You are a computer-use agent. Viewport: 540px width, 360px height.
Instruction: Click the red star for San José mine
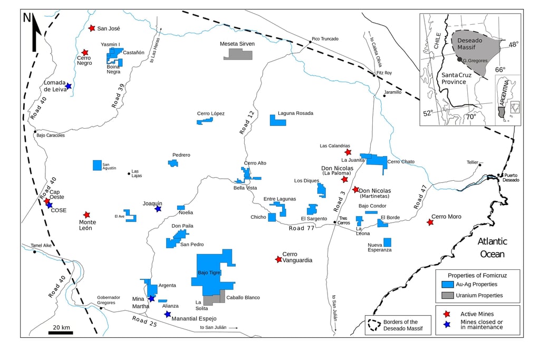point(92,28)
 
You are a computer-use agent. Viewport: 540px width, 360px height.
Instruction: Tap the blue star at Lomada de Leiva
point(68,86)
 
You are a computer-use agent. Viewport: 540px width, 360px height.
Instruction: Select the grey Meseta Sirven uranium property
point(238,54)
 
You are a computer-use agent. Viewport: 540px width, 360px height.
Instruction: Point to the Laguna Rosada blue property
point(277,120)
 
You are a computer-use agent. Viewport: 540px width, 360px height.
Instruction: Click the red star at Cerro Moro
point(430,222)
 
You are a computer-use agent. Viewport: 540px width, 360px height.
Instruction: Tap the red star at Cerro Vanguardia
point(278,259)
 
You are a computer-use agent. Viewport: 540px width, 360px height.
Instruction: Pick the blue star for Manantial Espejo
point(168,314)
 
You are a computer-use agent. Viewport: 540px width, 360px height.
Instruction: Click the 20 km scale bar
point(61,333)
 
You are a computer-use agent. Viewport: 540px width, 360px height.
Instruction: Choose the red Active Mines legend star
point(447,314)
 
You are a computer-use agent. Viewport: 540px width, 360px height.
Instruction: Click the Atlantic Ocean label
point(492,248)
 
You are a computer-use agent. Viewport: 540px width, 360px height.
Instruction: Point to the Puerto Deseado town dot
point(499,175)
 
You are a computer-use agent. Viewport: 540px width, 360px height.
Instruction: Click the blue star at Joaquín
point(158,209)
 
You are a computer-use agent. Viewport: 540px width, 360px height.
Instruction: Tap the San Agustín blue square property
point(97,165)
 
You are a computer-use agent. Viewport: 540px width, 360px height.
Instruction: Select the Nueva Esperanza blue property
point(388,242)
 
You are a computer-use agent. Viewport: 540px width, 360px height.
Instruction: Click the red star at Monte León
point(86,215)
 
